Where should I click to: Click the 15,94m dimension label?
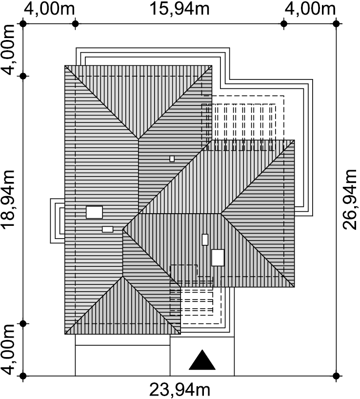(x=180, y=8)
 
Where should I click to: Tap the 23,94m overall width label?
(x=180, y=390)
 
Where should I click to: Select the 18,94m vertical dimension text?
(x=8, y=200)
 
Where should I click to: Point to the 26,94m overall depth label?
(x=350, y=200)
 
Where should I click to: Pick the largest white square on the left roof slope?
(x=94, y=212)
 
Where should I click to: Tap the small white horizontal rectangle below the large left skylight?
(x=108, y=229)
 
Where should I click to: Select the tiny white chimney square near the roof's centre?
(x=172, y=159)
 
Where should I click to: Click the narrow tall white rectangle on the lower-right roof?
(x=205, y=239)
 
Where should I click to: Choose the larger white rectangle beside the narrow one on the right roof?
(x=218, y=258)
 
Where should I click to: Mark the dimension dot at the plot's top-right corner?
(x=336, y=24)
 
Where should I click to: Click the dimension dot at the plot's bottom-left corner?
(x=23, y=376)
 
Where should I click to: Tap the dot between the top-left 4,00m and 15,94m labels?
(x=75, y=24)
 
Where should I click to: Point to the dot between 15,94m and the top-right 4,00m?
(x=284, y=24)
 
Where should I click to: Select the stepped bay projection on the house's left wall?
(x=58, y=220)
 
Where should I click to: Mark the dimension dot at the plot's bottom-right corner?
(x=336, y=376)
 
